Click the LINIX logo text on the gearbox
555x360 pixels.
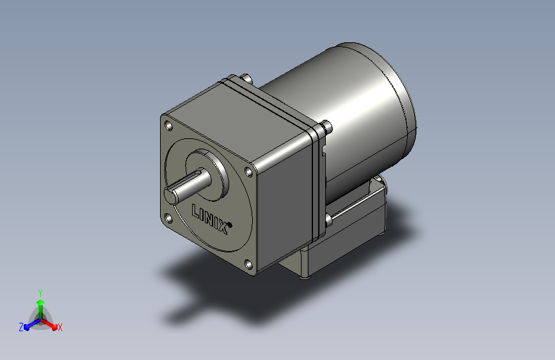click(x=210, y=218)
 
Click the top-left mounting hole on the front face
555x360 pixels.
click(x=168, y=126)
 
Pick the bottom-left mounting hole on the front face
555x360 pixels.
click(x=168, y=218)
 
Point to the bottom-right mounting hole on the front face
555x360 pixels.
click(x=248, y=265)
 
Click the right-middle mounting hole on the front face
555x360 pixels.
click(x=249, y=172)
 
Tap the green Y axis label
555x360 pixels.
click(x=40, y=293)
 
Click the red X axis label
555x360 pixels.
click(x=60, y=328)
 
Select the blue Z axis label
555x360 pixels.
click(x=21, y=327)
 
